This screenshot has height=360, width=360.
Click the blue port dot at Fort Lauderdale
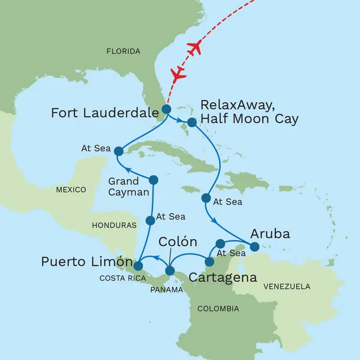click(x=166, y=109)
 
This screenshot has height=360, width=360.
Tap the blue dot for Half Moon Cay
click(x=191, y=122)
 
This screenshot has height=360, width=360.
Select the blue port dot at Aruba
click(x=254, y=247)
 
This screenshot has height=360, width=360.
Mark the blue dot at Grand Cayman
click(x=153, y=179)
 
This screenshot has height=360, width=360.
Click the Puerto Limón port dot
click(x=137, y=266)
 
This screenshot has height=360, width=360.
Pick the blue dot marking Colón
click(x=170, y=271)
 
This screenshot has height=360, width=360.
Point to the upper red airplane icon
click(x=194, y=49)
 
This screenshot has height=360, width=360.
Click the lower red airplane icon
click(x=178, y=74)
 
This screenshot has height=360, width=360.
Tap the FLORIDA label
click(x=123, y=52)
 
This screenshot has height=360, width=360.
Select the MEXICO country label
click(x=71, y=190)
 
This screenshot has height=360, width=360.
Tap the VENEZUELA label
click(x=286, y=286)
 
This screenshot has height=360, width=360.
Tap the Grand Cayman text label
click(x=125, y=185)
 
